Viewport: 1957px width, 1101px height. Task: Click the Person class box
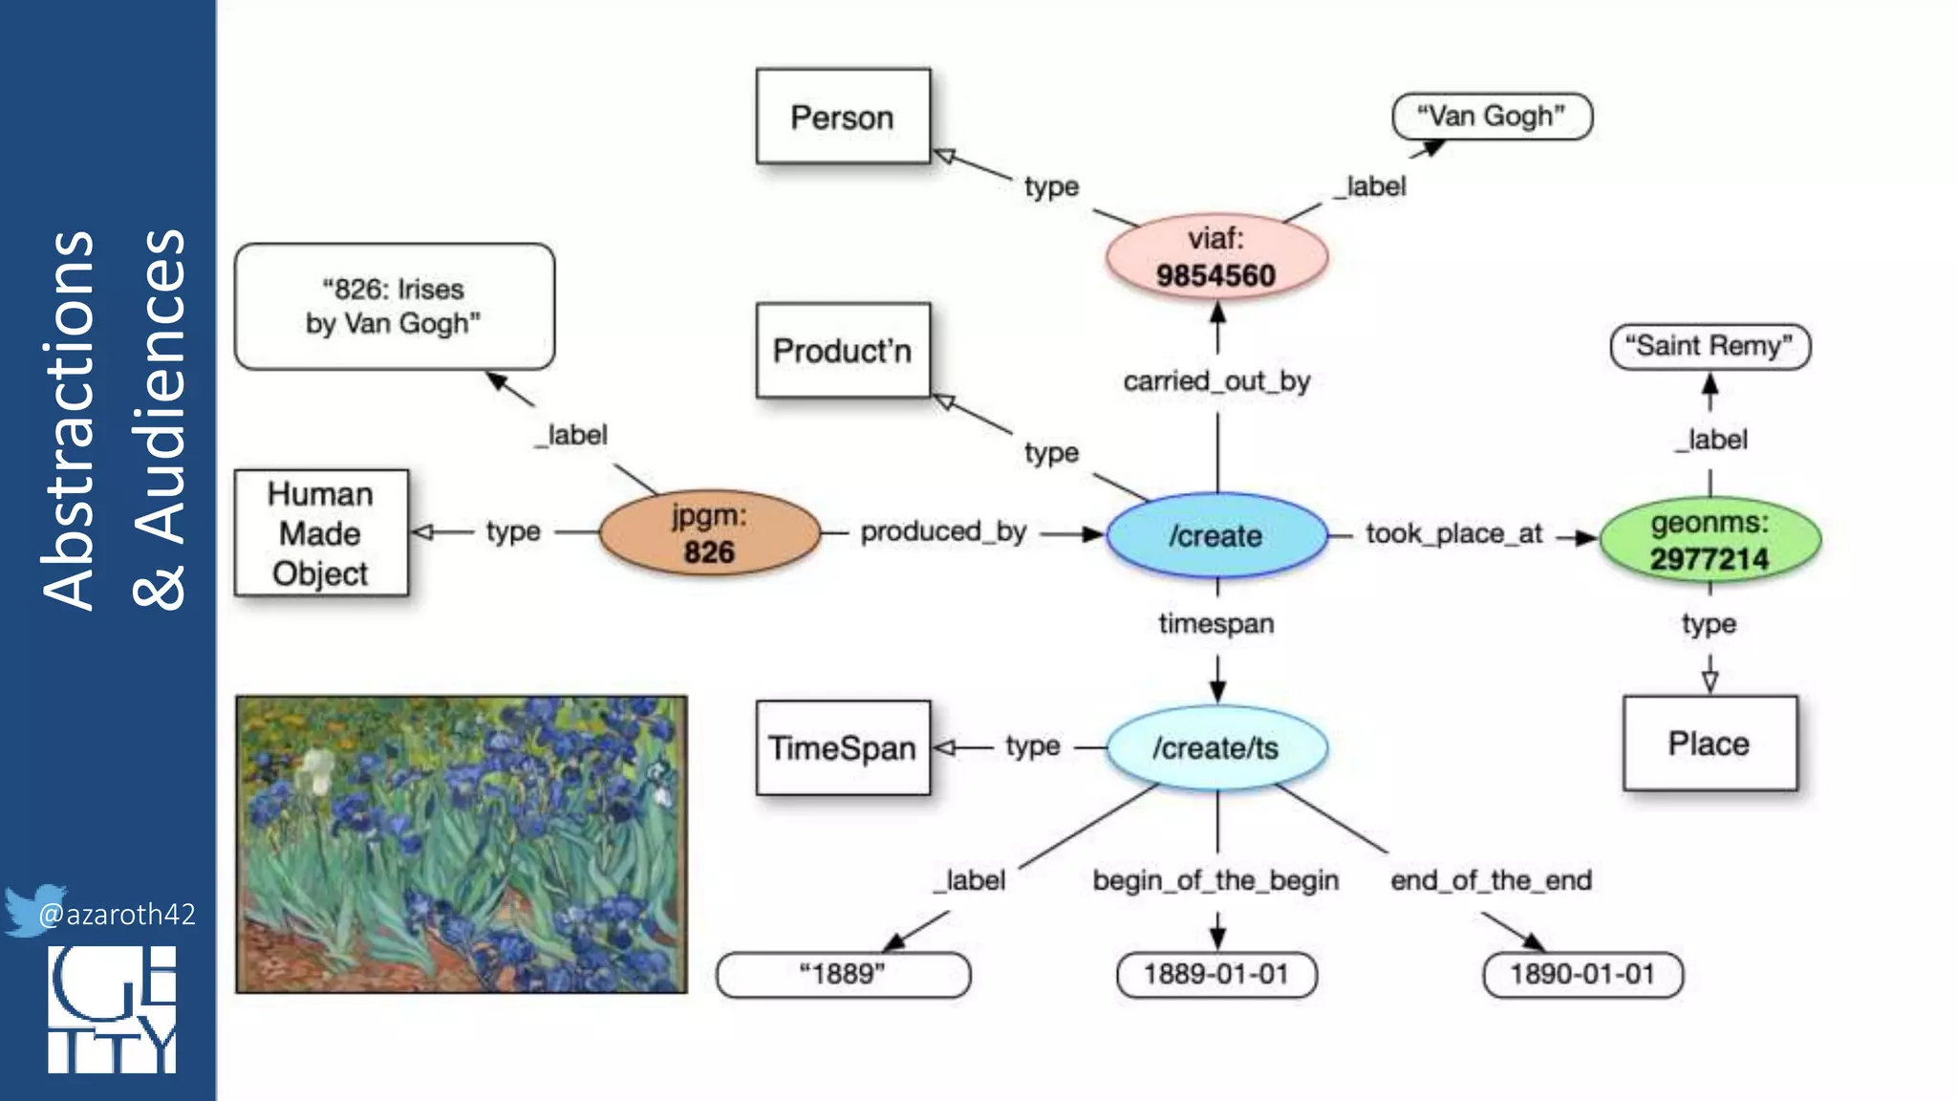click(x=842, y=117)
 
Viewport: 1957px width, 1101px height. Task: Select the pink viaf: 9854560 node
click(x=1215, y=257)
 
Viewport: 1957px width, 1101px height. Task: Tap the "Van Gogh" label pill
click(x=1492, y=117)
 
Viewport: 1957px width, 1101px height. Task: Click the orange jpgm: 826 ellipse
click(x=709, y=533)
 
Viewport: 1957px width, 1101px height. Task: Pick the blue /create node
click(x=1215, y=535)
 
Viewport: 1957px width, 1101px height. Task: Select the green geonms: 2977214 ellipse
click(x=1710, y=540)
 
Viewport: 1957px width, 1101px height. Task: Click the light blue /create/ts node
click(x=1215, y=747)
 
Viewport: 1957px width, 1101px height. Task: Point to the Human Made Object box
click(x=321, y=533)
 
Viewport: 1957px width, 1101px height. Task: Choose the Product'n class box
click(x=842, y=351)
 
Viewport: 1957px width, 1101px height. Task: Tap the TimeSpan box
click(x=842, y=747)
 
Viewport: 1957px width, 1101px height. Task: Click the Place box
click(x=1710, y=744)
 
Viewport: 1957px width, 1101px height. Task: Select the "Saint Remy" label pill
click(x=1710, y=346)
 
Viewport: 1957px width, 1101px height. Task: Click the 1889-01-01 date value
click(x=1215, y=975)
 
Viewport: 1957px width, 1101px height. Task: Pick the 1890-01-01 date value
click(x=1582, y=975)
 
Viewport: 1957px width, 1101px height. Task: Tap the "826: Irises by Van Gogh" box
click(x=394, y=306)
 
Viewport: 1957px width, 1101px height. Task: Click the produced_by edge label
click(x=943, y=531)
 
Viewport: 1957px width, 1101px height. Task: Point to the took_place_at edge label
click(x=1453, y=533)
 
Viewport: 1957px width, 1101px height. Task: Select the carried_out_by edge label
click(x=1215, y=381)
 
